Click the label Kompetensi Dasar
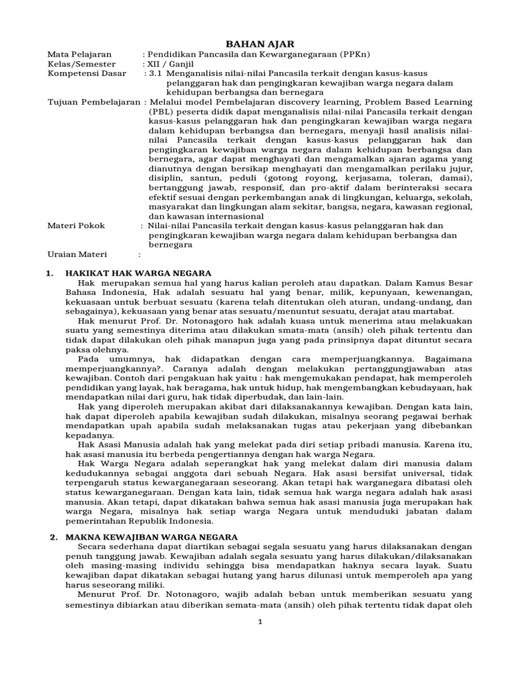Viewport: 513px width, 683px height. point(86,73)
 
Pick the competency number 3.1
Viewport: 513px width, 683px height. point(156,73)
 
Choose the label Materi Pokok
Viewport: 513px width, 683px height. point(76,225)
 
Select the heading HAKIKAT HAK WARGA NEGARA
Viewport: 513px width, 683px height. point(138,273)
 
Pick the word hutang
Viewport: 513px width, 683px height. point(208,574)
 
